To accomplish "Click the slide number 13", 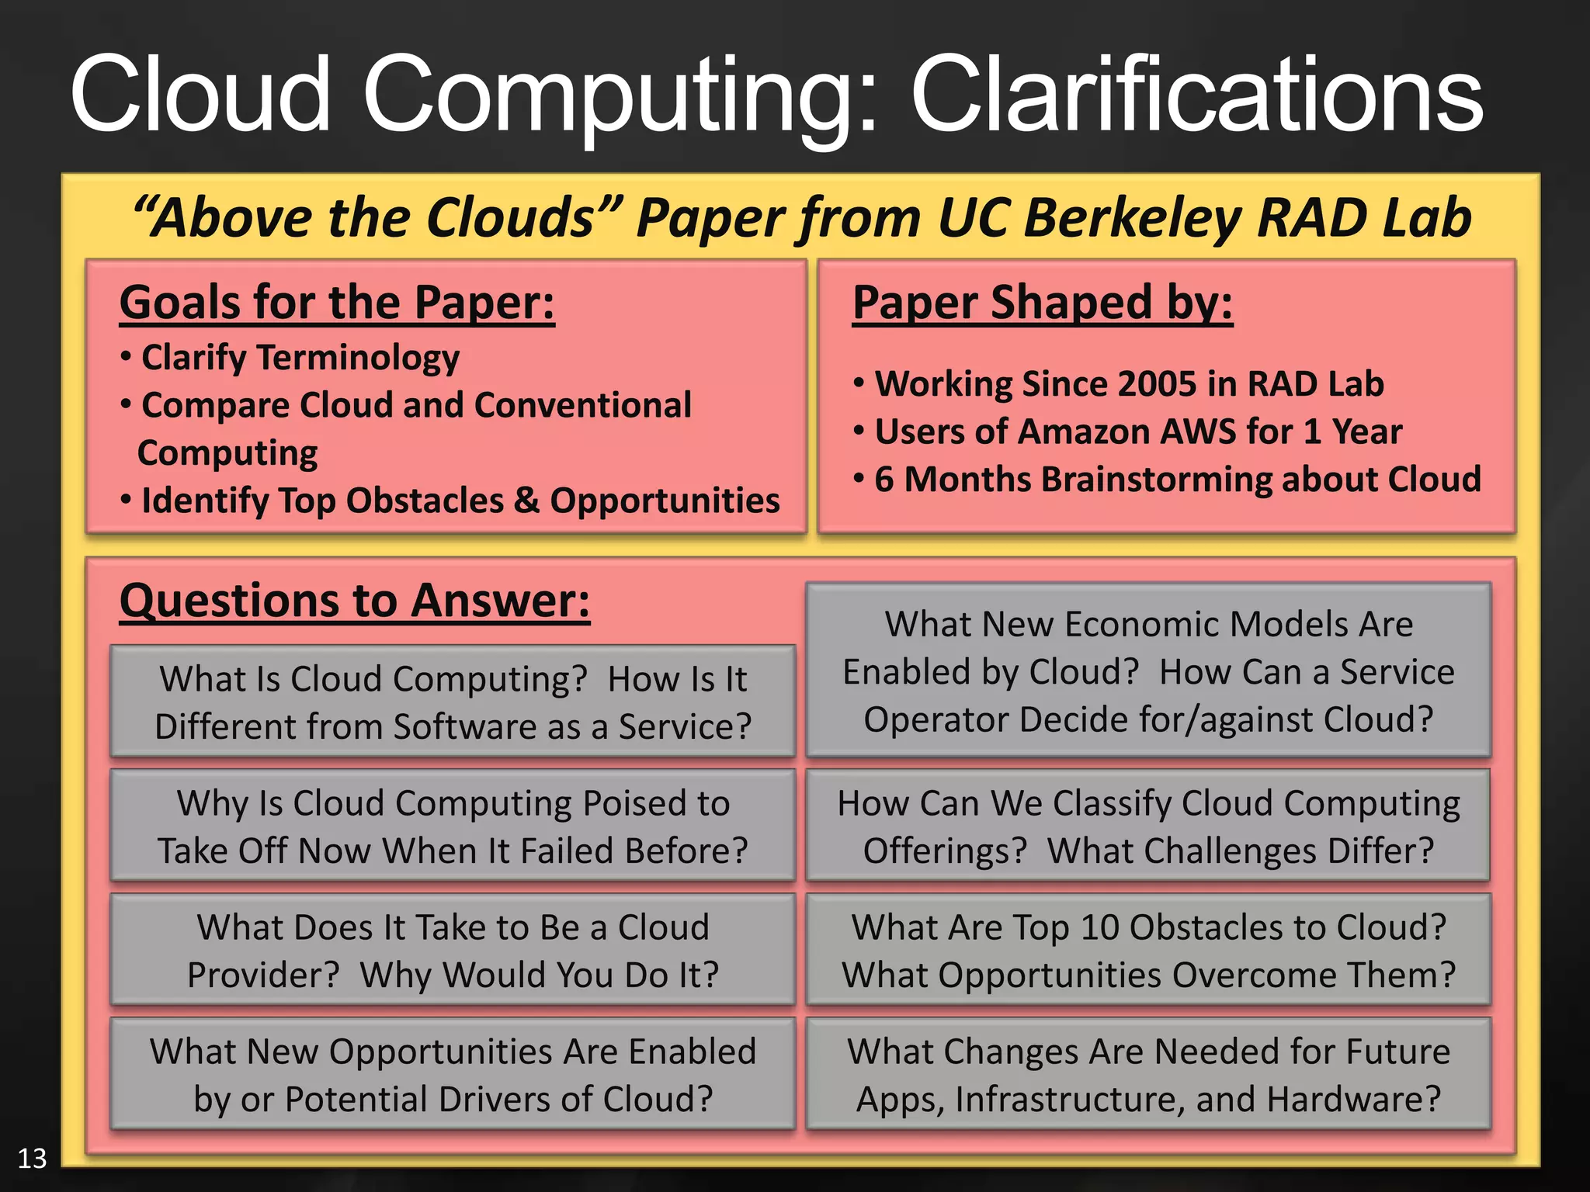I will tap(32, 1158).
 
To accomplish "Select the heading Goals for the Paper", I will tap(337, 302).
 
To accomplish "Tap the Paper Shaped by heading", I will tap(1042, 302).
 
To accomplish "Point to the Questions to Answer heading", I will tap(355, 601).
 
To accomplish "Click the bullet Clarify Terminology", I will tap(300, 358).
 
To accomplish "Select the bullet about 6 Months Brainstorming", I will tap(1177, 480).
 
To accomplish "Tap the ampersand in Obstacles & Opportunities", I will tap(526, 501).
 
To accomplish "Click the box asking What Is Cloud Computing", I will tap(453, 702).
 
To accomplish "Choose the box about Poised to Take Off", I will tap(453, 826).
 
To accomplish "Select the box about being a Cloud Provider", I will tap(453, 950).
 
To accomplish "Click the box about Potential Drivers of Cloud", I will tap(453, 1074).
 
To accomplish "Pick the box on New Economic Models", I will tap(1148, 670).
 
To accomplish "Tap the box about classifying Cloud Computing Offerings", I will tap(1148, 826).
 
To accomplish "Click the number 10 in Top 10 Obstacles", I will tap(1099, 927).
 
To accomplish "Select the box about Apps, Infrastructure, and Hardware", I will tap(1148, 1074).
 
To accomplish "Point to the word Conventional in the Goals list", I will tap(582, 406).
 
